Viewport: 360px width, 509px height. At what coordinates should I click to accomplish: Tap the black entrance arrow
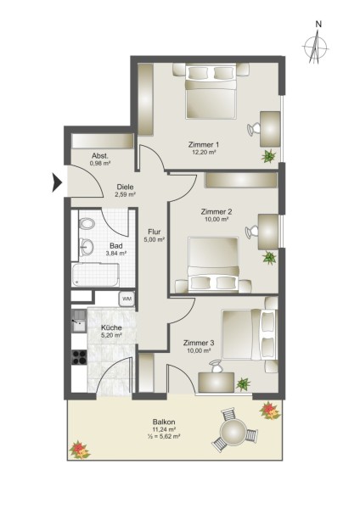click(57, 182)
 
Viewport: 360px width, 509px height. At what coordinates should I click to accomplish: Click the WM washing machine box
click(127, 299)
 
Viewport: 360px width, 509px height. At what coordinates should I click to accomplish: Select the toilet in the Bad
click(87, 224)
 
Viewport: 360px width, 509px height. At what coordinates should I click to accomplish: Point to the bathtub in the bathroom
click(95, 275)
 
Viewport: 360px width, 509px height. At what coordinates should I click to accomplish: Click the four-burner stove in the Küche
click(79, 357)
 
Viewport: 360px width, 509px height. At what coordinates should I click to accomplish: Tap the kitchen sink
click(79, 321)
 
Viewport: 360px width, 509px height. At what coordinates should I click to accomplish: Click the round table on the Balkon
click(233, 432)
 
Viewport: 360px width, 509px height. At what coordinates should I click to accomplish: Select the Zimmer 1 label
click(204, 144)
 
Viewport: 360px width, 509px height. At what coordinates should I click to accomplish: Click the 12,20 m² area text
click(204, 152)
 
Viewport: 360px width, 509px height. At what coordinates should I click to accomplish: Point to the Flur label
click(155, 232)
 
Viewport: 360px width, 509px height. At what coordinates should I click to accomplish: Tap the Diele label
click(125, 187)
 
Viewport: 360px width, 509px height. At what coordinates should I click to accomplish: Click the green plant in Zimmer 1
click(268, 156)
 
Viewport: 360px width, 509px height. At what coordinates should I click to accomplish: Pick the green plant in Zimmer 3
click(243, 384)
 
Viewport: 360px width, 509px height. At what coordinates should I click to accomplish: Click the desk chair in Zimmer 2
click(251, 232)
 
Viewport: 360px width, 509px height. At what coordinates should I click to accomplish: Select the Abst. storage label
click(99, 155)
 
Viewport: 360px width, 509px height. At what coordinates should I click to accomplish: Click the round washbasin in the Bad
click(87, 248)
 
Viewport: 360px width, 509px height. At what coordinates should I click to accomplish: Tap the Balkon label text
click(164, 422)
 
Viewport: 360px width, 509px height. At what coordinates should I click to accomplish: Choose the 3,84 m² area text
click(116, 253)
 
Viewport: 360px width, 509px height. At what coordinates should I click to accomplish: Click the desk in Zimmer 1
click(270, 129)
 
